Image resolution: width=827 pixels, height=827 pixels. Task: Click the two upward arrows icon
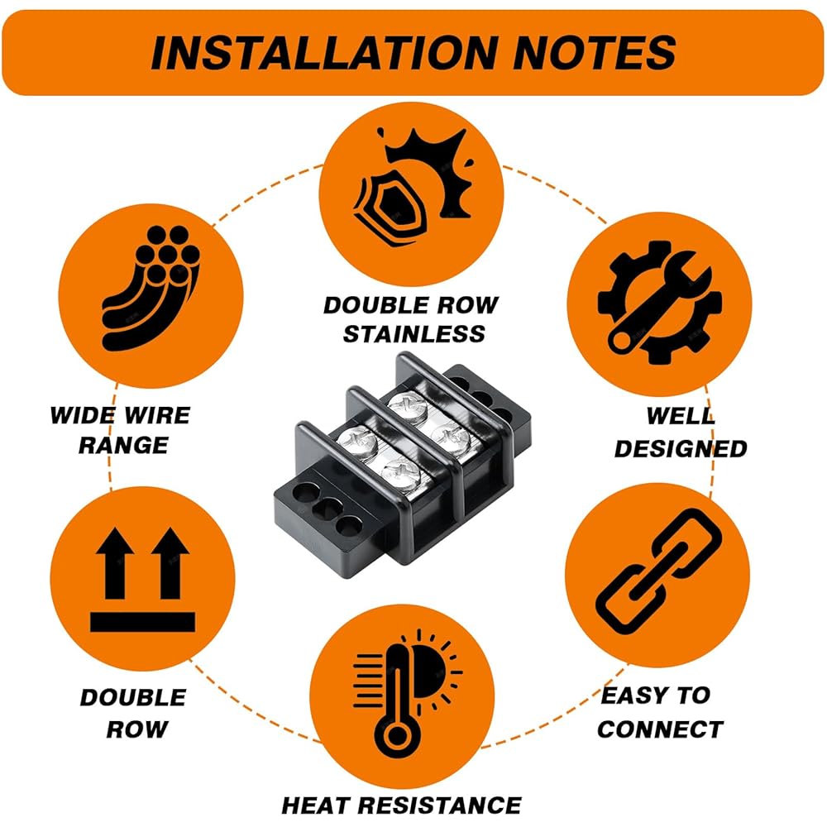click(x=142, y=566)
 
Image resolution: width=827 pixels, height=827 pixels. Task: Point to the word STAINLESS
click(x=413, y=334)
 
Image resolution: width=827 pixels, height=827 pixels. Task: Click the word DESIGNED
click(x=680, y=449)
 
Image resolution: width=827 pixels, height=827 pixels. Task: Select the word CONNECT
click(x=659, y=729)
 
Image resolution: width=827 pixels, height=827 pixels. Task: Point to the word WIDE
click(x=83, y=414)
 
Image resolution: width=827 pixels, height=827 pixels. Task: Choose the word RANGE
click(x=122, y=446)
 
